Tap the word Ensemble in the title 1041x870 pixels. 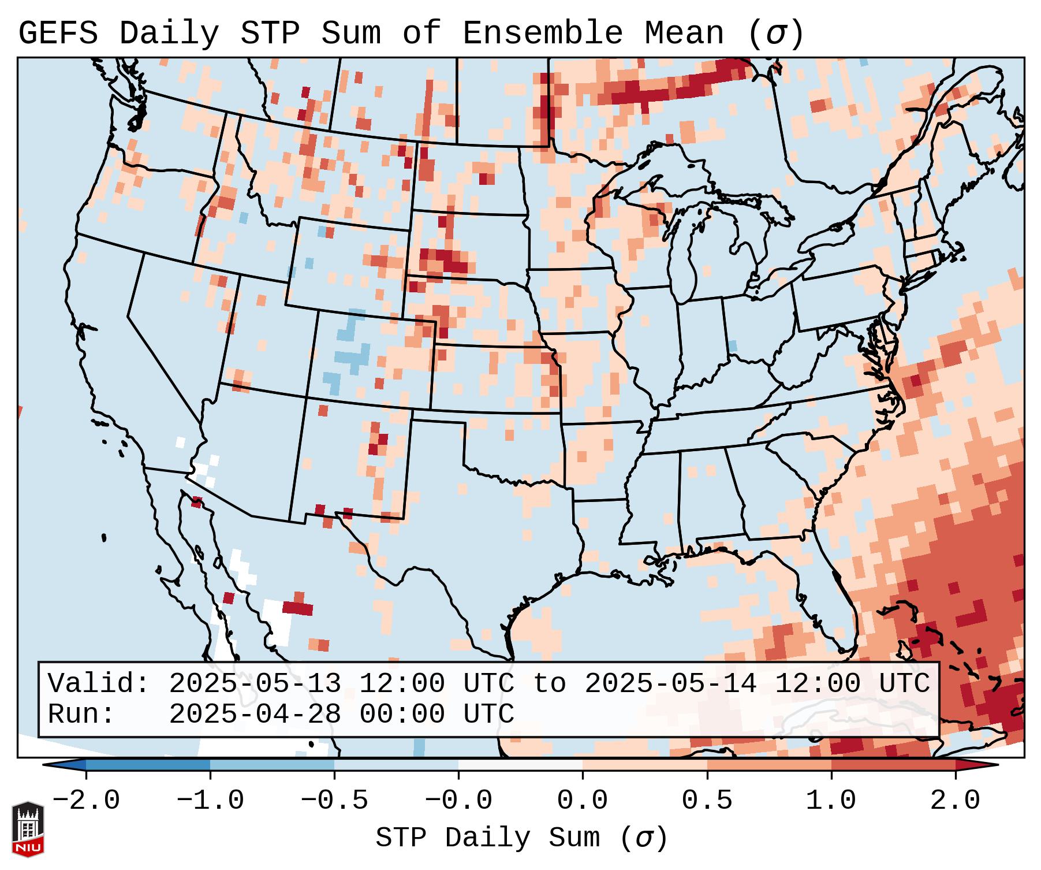[x=543, y=34]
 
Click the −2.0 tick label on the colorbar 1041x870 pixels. [x=86, y=801]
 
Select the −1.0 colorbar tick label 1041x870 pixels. [x=210, y=801]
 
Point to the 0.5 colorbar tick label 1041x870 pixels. [x=707, y=801]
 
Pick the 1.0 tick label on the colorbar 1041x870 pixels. [x=831, y=801]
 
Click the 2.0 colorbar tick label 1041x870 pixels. [x=955, y=801]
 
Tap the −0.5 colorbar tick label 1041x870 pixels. [x=334, y=801]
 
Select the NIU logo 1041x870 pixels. [x=28, y=829]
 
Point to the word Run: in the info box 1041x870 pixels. [x=81, y=715]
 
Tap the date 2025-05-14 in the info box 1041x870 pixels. [x=670, y=684]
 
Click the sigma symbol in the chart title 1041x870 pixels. [x=775, y=35]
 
